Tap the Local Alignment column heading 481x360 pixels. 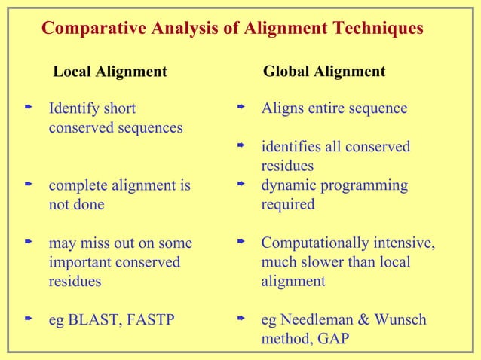point(110,72)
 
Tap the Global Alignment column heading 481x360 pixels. point(324,72)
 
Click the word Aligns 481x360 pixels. point(281,108)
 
